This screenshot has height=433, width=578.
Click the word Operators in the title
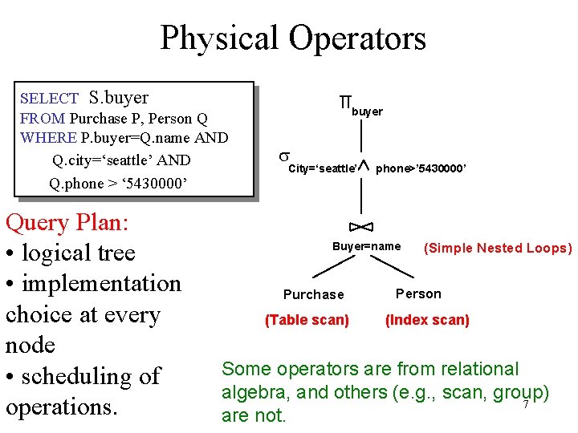tap(359, 38)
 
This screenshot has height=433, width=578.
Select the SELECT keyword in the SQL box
tap(49, 99)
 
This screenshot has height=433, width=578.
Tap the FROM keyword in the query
tap(42, 119)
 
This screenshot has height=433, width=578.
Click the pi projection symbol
tap(346, 102)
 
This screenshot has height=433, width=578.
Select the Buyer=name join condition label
tap(366, 246)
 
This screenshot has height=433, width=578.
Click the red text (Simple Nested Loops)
tap(498, 248)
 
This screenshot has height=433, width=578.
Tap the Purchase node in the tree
tap(313, 294)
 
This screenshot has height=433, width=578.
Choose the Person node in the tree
tap(418, 293)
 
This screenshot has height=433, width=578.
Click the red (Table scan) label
tap(307, 320)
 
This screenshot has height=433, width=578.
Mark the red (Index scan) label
tap(427, 320)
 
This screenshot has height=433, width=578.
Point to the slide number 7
tap(525, 404)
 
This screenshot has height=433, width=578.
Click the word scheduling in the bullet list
tap(92, 376)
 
